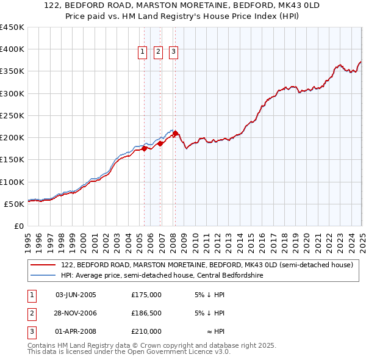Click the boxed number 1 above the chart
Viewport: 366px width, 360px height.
(x=142, y=52)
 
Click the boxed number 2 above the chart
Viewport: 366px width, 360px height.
(x=157, y=52)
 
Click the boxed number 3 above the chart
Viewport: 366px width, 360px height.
(x=173, y=52)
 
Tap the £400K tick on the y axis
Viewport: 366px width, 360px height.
(x=12, y=49)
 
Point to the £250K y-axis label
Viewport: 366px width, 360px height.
(x=12, y=115)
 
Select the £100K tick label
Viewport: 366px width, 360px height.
(x=12, y=182)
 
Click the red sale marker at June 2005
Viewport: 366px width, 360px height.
(x=144, y=148)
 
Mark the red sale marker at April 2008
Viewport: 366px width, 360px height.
(x=175, y=133)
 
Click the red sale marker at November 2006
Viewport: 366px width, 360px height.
(x=160, y=143)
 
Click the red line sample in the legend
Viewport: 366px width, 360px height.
(x=43, y=265)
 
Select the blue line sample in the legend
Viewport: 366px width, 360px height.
(x=43, y=275)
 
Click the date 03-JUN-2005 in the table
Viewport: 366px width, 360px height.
(x=76, y=295)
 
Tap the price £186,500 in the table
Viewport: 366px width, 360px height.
(x=146, y=313)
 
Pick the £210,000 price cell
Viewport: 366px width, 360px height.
(x=146, y=331)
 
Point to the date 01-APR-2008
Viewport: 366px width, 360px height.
(x=76, y=331)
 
